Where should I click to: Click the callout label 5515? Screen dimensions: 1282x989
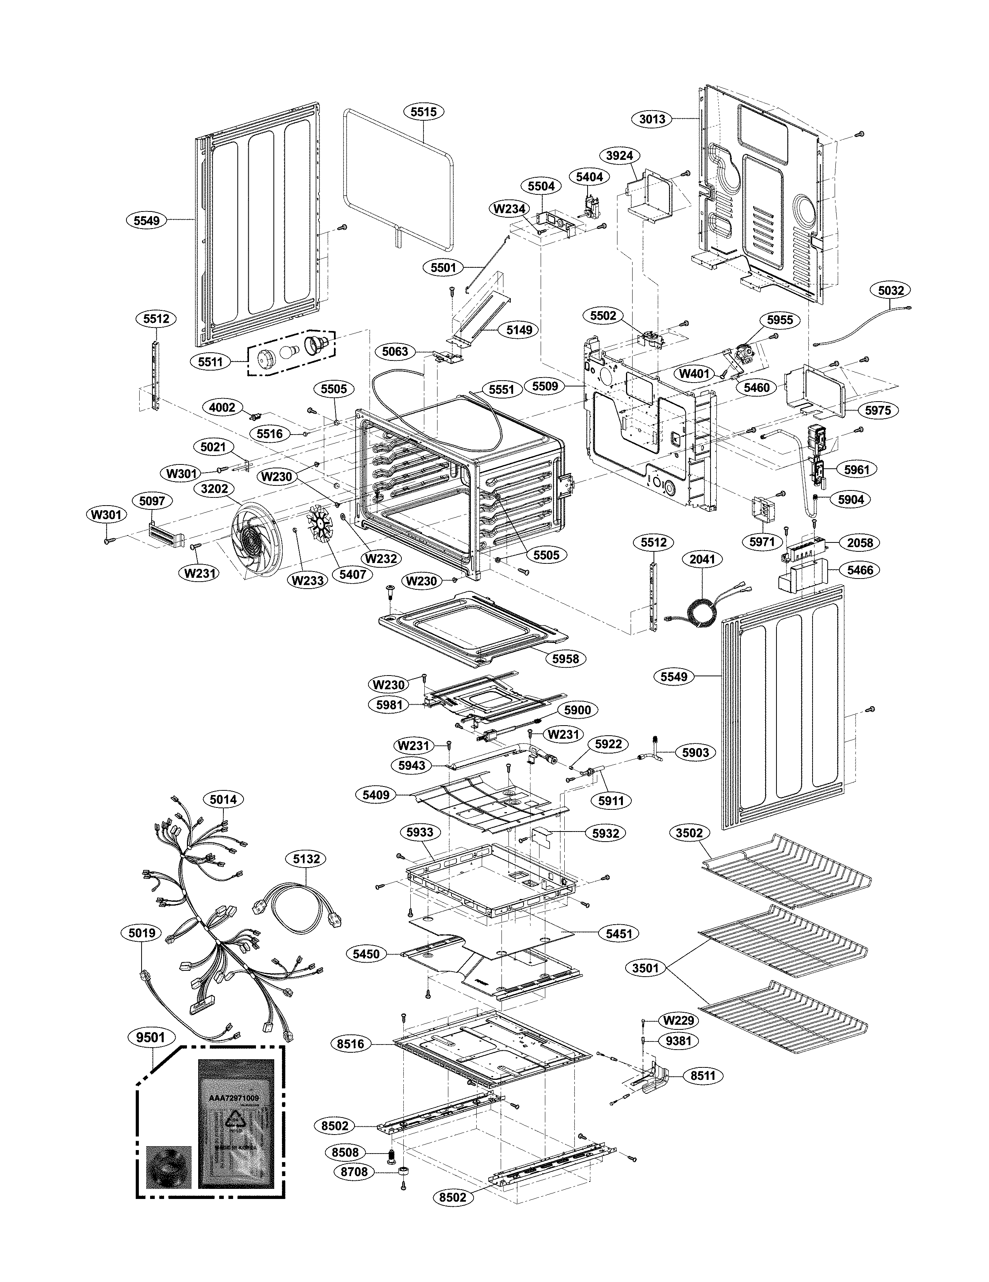[424, 111]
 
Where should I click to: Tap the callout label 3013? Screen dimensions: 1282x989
[652, 119]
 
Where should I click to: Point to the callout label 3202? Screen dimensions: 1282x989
[214, 489]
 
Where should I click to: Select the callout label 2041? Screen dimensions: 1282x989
[702, 560]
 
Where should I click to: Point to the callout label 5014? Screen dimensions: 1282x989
[223, 799]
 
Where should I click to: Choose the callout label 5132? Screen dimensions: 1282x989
[306, 859]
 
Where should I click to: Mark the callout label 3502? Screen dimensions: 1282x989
[689, 832]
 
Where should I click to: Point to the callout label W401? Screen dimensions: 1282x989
[694, 373]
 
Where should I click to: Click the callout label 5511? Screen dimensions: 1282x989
[210, 362]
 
